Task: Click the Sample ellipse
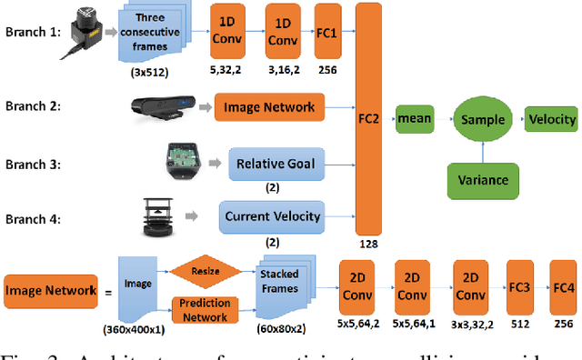tap(482, 118)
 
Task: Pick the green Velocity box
tap(549, 118)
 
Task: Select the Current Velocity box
tap(271, 217)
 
